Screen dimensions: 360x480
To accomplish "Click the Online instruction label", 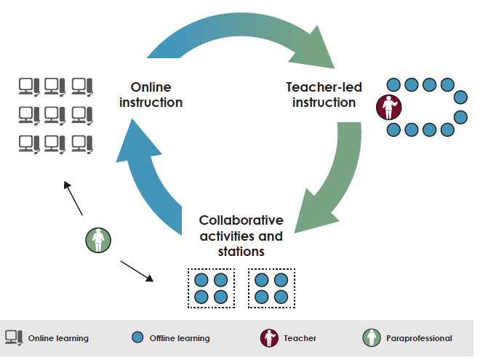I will (151, 95).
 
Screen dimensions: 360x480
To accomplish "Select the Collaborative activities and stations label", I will (241, 235).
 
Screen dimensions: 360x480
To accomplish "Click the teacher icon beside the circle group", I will (388, 108).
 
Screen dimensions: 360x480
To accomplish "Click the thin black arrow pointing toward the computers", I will (73, 198).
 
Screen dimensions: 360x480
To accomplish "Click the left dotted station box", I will (212, 288).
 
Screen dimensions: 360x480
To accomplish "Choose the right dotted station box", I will (272, 288).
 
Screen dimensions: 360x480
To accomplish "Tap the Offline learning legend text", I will (179, 338).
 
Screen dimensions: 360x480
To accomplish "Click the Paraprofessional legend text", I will (420, 338).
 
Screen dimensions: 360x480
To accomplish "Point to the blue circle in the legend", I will (137, 337).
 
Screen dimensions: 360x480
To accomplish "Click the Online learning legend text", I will (58, 338).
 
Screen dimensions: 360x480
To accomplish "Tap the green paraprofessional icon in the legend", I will (372, 337).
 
